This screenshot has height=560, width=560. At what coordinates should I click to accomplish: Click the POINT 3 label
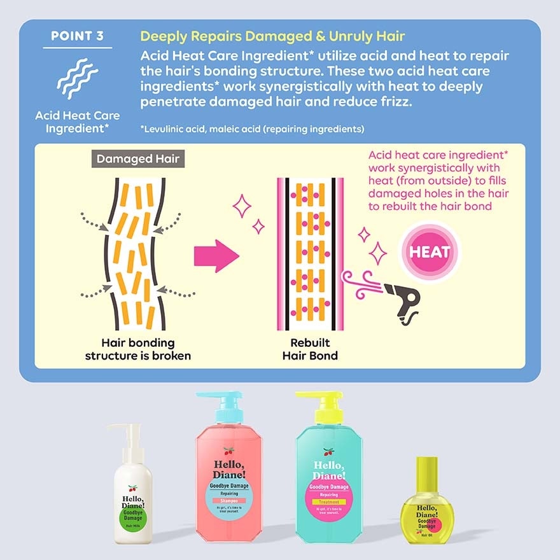coord(78,36)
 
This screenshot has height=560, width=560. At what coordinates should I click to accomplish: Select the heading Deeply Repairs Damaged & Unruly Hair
coord(272,36)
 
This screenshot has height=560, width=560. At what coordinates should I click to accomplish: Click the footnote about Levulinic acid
coord(252,129)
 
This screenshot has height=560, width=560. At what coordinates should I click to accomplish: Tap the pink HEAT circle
coord(430,251)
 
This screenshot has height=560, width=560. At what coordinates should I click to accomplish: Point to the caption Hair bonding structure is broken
coord(138,349)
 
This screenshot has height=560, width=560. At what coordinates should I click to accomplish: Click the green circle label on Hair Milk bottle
coord(133,513)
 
